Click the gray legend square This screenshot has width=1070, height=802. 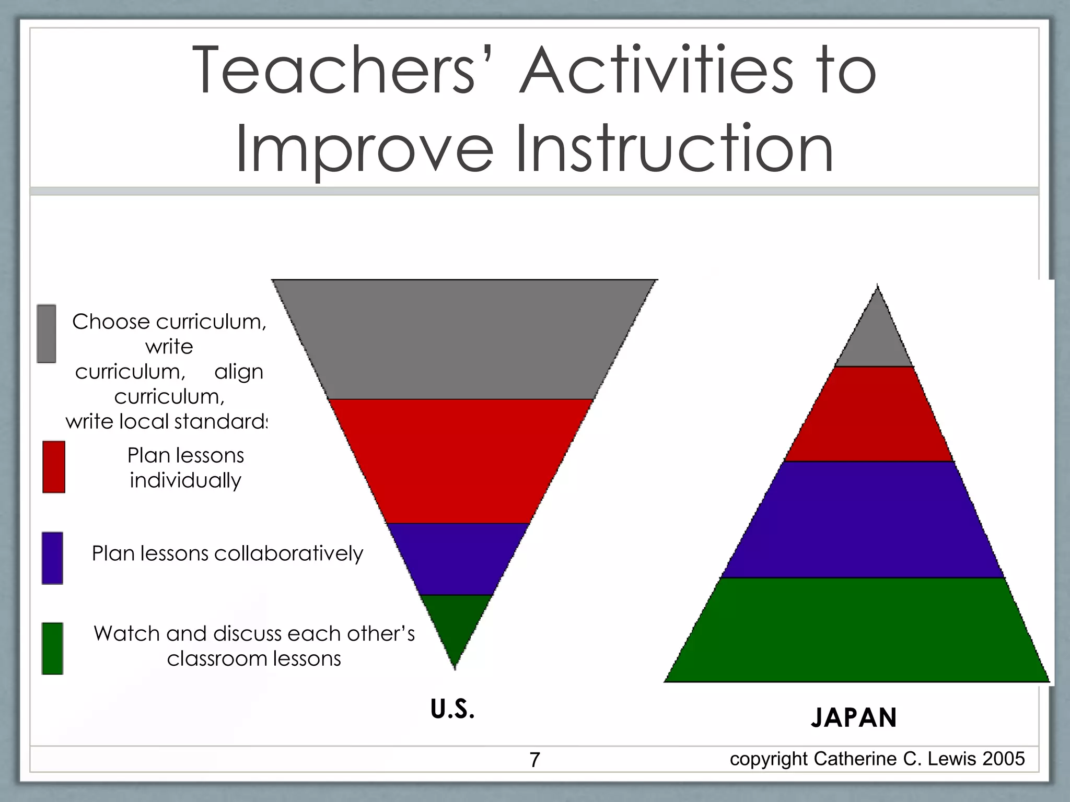click(x=46, y=334)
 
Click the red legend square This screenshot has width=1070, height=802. click(x=54, y=467)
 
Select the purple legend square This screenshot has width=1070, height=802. click(x=52, y=558)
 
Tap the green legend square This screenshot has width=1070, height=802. click(x=52, y=648)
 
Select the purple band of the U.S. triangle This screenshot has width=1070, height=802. click(x=458, y=559)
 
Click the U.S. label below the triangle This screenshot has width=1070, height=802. click(x=452, y=709)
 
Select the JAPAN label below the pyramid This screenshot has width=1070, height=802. click(x=854, y=717)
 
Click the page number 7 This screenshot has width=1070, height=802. click(x=534, y=760)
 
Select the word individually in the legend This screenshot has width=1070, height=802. click(x=185, y=480)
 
